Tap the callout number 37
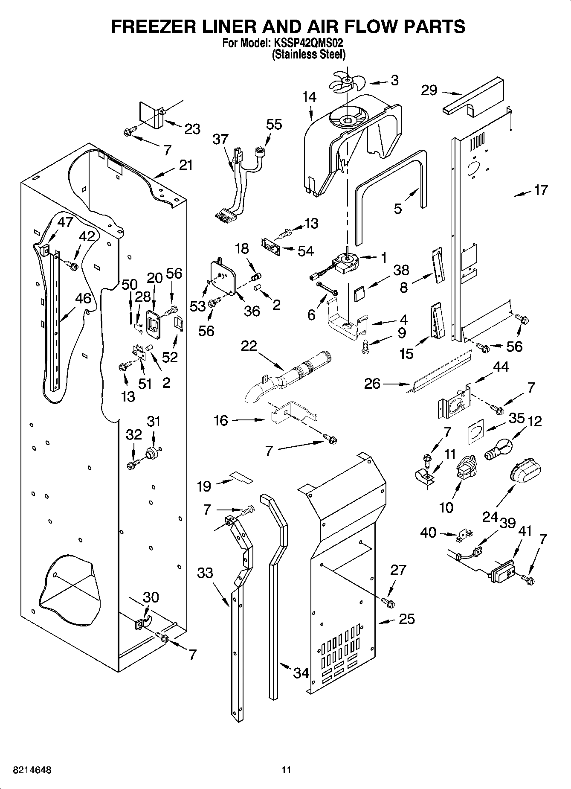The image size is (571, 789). point(221,140)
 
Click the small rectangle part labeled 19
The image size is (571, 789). point(241,477)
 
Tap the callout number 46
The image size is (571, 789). point(83,298)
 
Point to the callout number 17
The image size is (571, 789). point(541,190)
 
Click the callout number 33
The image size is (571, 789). point(205,572)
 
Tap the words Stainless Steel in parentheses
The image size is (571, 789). point(308,54)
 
